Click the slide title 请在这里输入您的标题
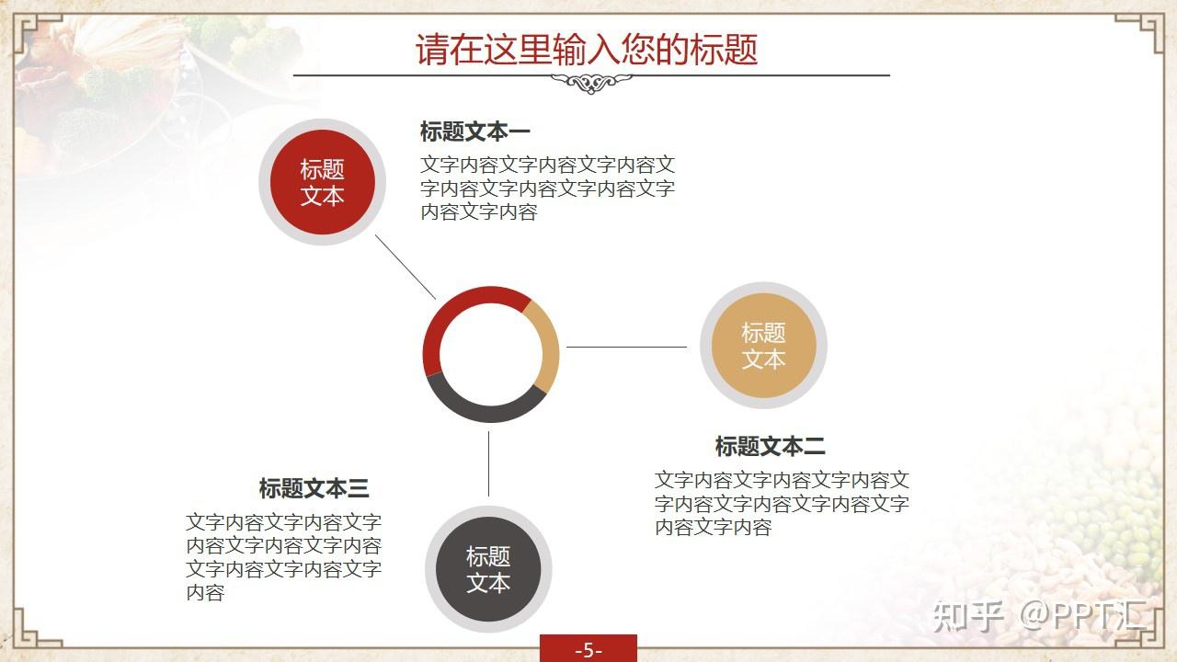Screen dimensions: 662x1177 point(587,49)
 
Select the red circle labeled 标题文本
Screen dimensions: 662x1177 point(322,182)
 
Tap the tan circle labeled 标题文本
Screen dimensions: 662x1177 point(763,346)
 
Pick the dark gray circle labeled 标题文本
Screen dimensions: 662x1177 point(488,569)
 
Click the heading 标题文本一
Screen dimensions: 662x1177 point(474,131)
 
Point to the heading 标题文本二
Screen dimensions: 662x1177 point(770,446)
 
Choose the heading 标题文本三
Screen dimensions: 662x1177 point(314,488)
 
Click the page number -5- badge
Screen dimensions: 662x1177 point(588,649)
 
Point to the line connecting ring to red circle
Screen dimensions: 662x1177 point(406,267)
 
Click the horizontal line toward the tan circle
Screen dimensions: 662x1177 point(626,347)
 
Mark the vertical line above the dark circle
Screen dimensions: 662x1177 point(488,463)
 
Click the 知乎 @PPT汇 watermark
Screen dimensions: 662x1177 point(1039,615)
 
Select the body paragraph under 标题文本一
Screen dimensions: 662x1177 point(547,188)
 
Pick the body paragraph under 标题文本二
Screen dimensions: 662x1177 point(782,503)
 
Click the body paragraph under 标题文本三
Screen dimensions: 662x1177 point(283,557)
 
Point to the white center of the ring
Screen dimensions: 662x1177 point(490,354)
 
